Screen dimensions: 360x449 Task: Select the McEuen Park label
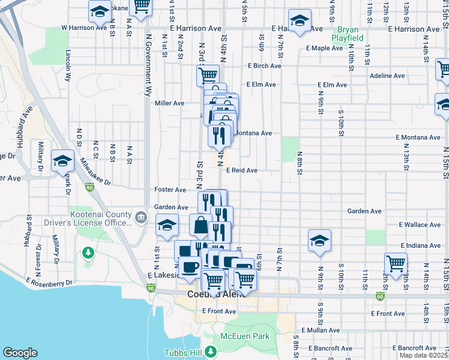point(245,337)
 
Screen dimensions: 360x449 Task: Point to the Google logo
point(20,353)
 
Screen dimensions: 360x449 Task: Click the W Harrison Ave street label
point(84,28)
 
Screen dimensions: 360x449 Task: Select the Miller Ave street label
point(169,103)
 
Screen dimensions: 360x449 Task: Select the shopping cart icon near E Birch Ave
point(208,75)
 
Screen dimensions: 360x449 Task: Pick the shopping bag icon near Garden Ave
point(200,225)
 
